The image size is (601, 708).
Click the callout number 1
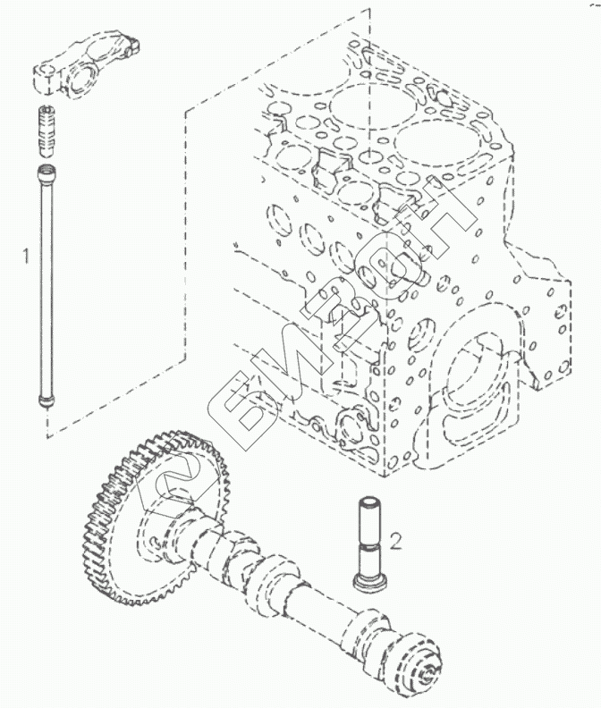click(x=26, y=256)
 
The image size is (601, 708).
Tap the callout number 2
click(x=396, y=540)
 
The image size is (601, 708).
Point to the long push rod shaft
click(x=44, y=286)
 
